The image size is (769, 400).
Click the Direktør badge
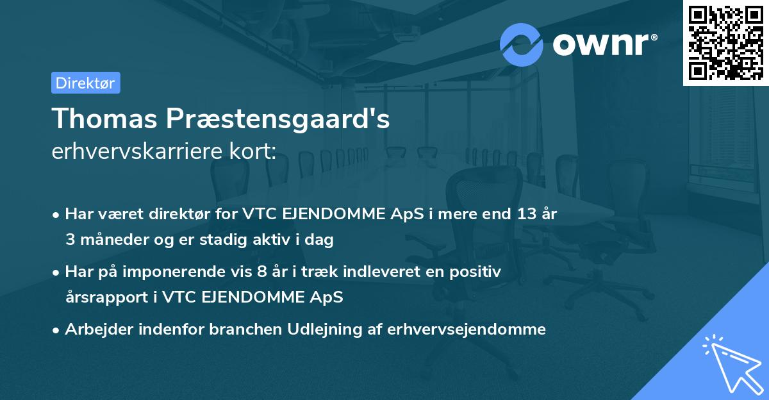[x=85, y=83]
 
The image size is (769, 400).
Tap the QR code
[x=725, y=43]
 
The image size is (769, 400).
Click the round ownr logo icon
[x=521, y=45]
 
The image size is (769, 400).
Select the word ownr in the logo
[x=604, y=45]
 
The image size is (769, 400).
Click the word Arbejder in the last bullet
[x=96, y=329]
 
